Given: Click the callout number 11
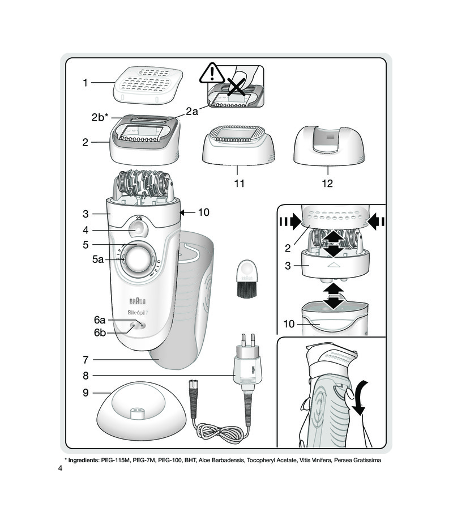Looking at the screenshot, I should pyautogui.click(x=239, y=184).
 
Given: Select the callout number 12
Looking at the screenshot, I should pyautogui.click(x=327, y=184).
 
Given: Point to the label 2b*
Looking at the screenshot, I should pyautogui.click(x=100, y=118).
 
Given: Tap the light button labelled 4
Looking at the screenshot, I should pyautogui.click(x=137, y=230).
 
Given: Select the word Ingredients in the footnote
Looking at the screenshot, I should pyautogui.click(x=83, y=461).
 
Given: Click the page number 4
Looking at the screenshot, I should pyautogui.click(x=59, y=468).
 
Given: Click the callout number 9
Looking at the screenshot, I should pyautogui.click(x=85, y=392).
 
